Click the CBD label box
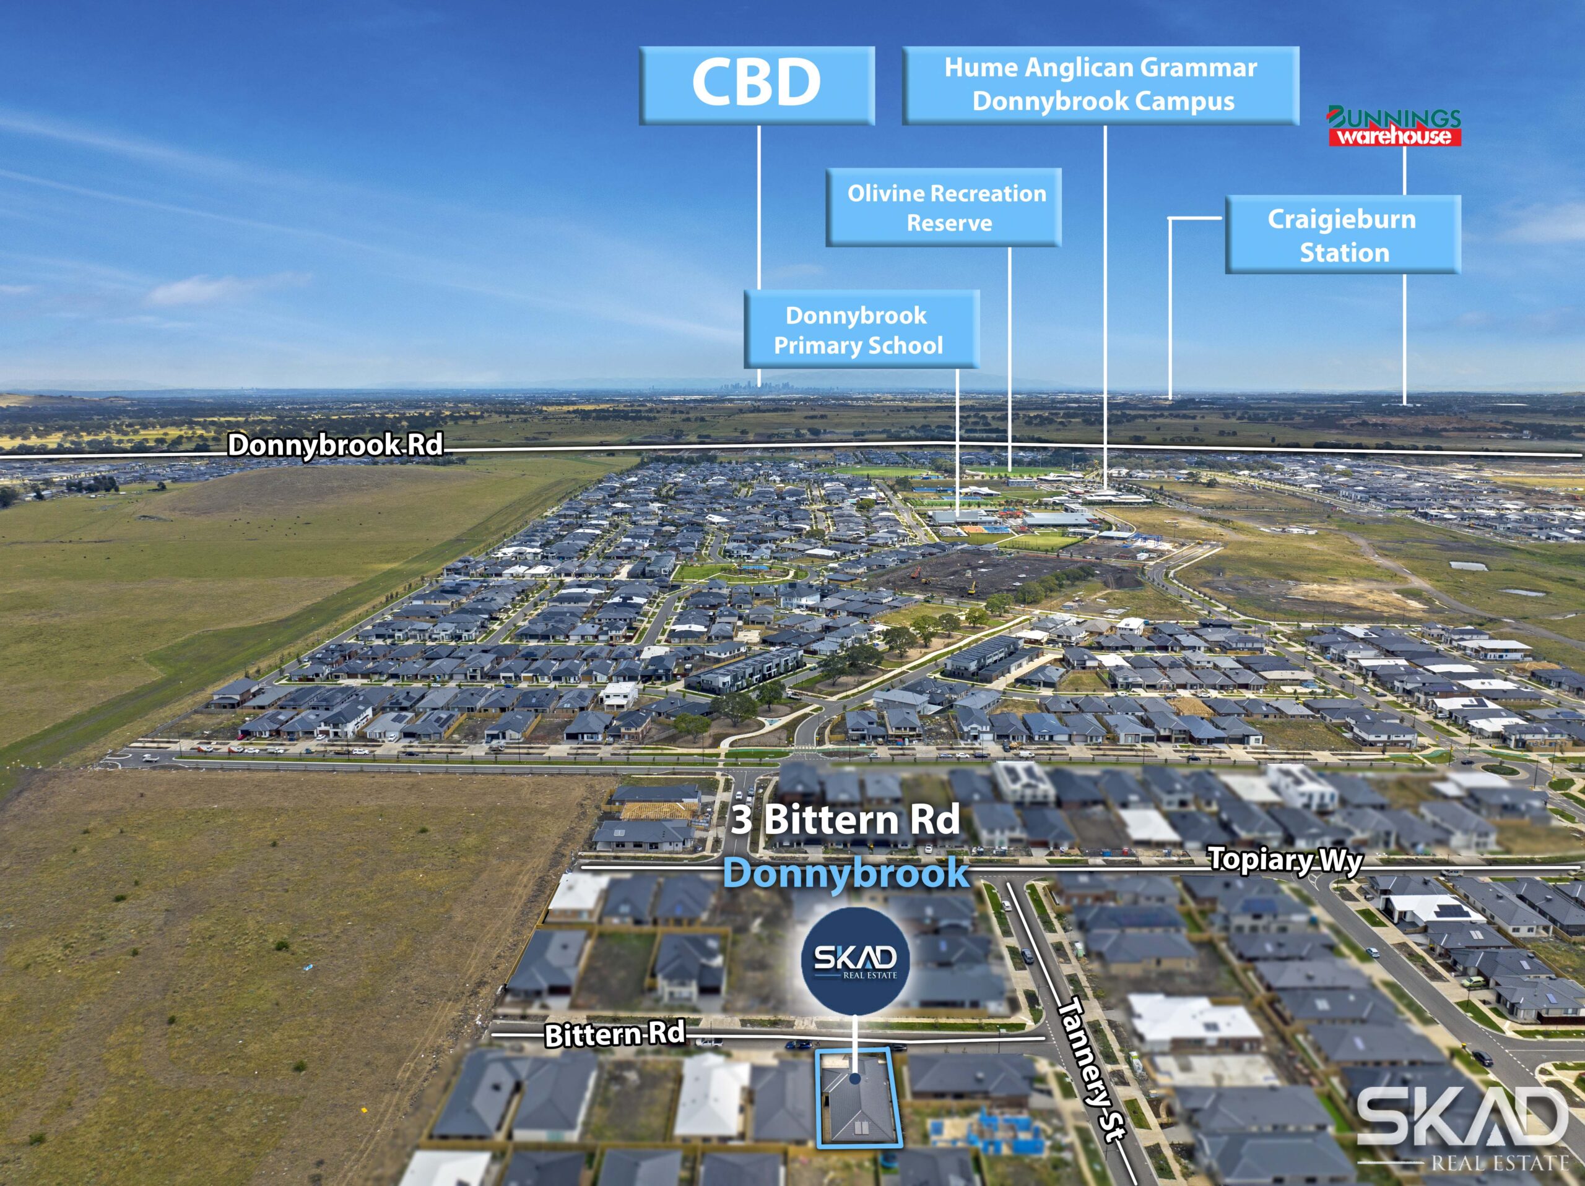(757, 85)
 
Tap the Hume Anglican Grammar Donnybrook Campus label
(1101, 85)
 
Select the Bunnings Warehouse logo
(1394, 127)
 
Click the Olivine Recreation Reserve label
(944, 208)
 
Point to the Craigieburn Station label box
(1342, 235)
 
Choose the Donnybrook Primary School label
(861, 329)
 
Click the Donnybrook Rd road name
(334, 445)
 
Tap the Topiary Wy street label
(1284, 859)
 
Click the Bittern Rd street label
(614, 1033)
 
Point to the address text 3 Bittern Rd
(846, 819)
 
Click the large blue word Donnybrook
(846, 873)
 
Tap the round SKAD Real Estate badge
(855, 960)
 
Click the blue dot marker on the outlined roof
(855, 1078)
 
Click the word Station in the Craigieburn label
(1344, 253)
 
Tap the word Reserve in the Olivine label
(949, 223)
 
